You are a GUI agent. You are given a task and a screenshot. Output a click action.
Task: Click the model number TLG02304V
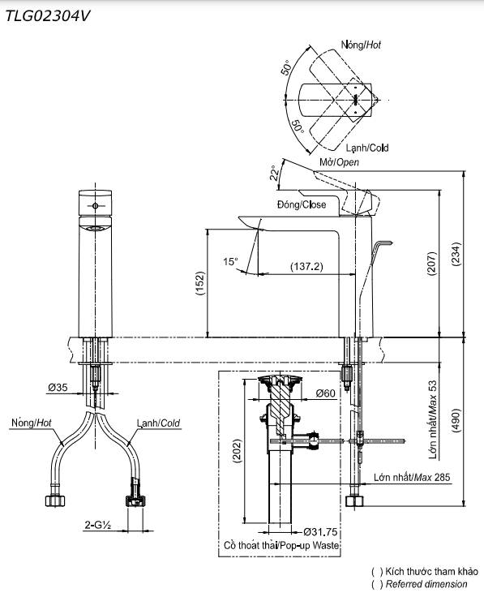click(x=48, y=16)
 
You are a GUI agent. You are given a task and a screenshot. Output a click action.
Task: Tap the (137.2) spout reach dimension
click(x=306, y=266)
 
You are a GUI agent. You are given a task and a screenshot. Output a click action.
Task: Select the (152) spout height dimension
click(x=200, y=283)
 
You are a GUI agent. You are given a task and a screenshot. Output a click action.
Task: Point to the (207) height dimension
click(x=431, y=263)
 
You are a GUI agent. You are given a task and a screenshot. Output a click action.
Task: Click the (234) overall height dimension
click(x=456, y=254)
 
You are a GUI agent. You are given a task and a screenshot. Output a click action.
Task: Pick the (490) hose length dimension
click(x=456, y=422)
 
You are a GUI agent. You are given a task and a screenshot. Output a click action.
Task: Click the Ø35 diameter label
click(x=58, y=387)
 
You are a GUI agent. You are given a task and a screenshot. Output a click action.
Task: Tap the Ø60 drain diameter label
click(x=325, y=393)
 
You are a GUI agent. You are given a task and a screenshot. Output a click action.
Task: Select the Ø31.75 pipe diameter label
click(x=320, y=532)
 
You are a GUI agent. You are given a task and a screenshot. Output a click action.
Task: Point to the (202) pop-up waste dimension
click(x=237, y=451)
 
